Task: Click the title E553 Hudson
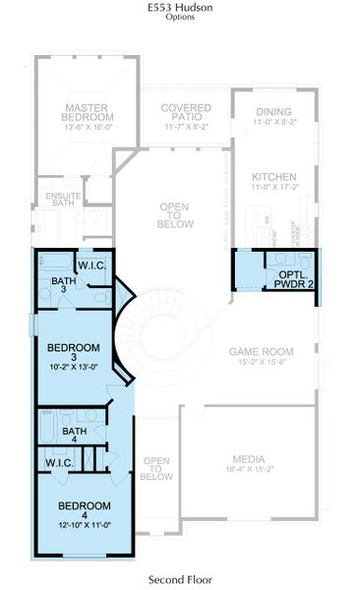pyautogui.click(x=179, y=8)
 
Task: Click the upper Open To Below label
pyautogui.click(x=174, y=215)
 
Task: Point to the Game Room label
pyautogui.click(x=262, y=351)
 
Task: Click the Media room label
pyautogui.click(x=248, y=458)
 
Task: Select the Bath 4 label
pyautogui.click(x=74, y=432)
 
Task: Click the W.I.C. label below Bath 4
pyautogui.click(x=62, y=461)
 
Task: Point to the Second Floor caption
pyautogui.click(x=180, y=580)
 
